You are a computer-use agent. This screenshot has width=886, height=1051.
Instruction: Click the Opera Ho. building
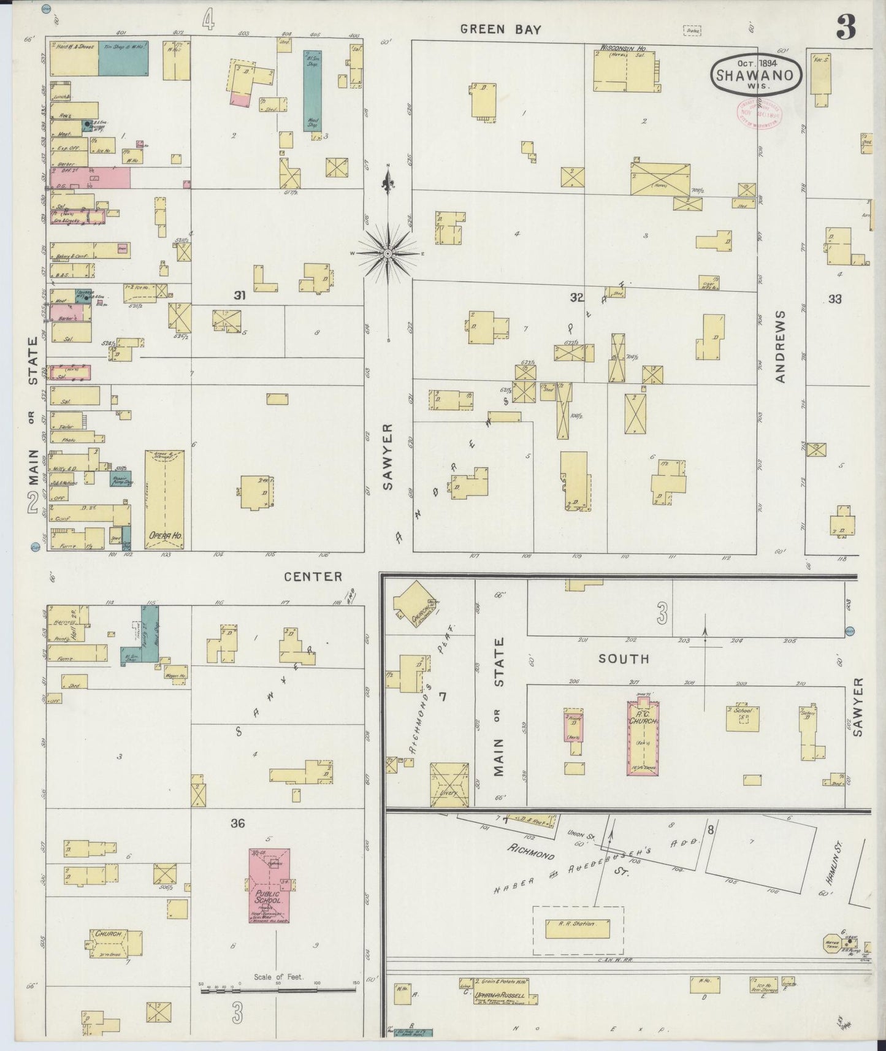164,500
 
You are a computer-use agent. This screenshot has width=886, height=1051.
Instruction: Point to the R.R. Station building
578,928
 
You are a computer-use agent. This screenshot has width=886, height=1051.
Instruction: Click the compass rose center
388,253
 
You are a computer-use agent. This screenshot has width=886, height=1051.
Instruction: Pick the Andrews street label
781,346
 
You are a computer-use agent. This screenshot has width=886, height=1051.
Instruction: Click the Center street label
313,576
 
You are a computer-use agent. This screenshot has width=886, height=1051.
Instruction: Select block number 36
237,824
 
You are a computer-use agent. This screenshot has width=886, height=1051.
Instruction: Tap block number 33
834,299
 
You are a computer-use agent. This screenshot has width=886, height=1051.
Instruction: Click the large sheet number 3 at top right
846,28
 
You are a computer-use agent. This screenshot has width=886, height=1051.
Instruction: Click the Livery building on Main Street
449,784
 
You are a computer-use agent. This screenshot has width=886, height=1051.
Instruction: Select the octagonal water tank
832,944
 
